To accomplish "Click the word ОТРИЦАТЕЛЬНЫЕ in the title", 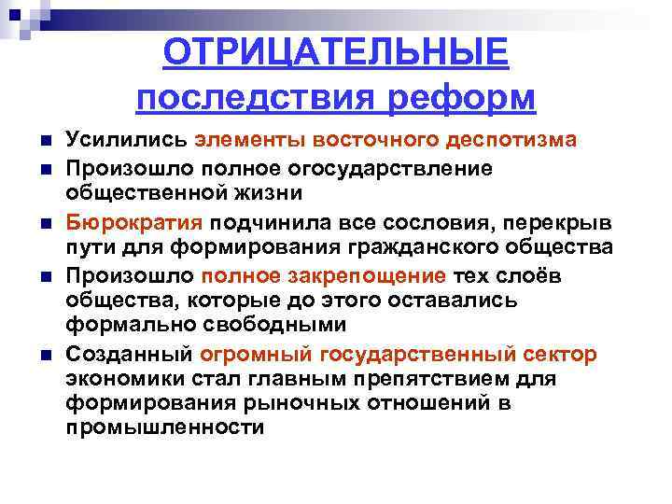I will point(335,52).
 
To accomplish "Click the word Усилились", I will point(126,140).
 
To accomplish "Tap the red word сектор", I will point(560,356).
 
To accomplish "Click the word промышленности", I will point(165,427).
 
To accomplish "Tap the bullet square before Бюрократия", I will point(45,224).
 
